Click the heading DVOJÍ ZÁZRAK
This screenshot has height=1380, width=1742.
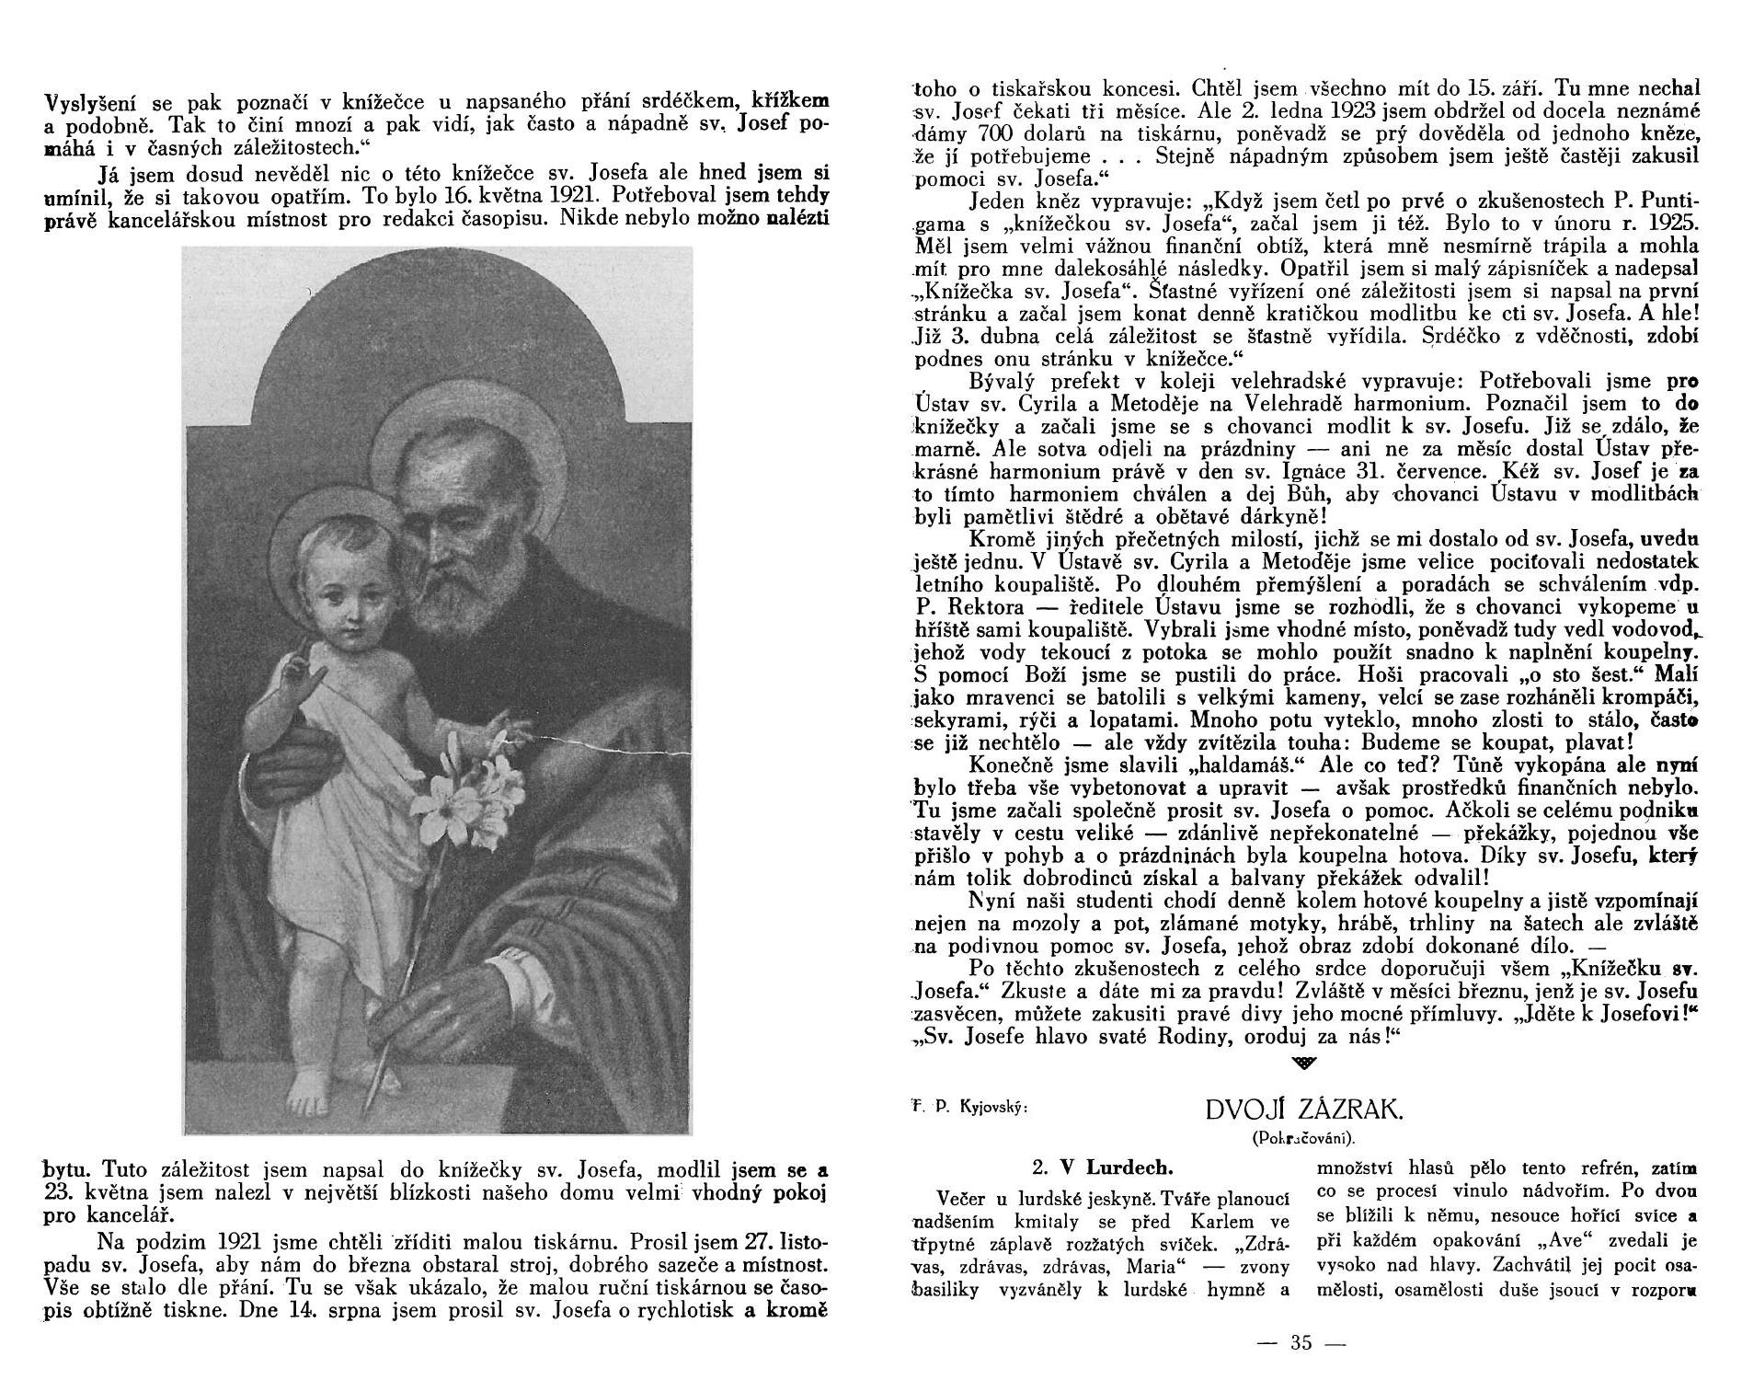click(1304, 1110)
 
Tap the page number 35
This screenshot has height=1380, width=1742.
click(1301, 1342)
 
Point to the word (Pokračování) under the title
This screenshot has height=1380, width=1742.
click(1303, 1138)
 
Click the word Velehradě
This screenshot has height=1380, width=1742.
click(1291, 404)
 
